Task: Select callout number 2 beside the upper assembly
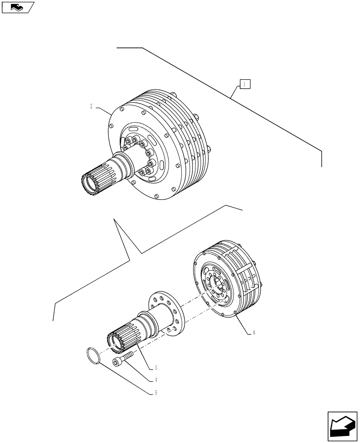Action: [91, 106]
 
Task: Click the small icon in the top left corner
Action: [18, 7]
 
